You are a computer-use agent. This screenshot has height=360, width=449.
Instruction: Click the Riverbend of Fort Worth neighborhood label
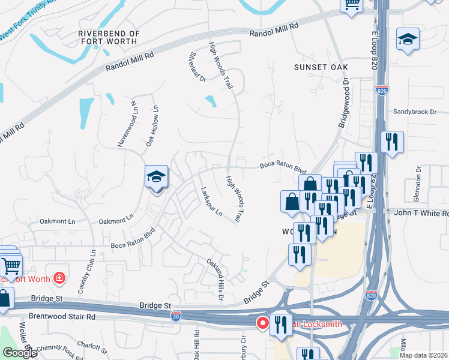click(109, 38)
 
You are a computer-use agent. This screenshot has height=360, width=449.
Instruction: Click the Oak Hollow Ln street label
click(152, 127)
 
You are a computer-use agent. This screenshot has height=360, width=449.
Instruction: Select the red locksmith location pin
click(263, 323)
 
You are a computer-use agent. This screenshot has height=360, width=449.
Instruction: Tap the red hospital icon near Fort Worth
click(58, 278)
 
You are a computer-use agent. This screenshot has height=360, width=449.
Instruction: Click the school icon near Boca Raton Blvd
click(156, 178)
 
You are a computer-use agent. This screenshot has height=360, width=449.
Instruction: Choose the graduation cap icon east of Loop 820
click(408, 40)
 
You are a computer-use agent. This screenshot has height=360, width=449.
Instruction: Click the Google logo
click(20, 353)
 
